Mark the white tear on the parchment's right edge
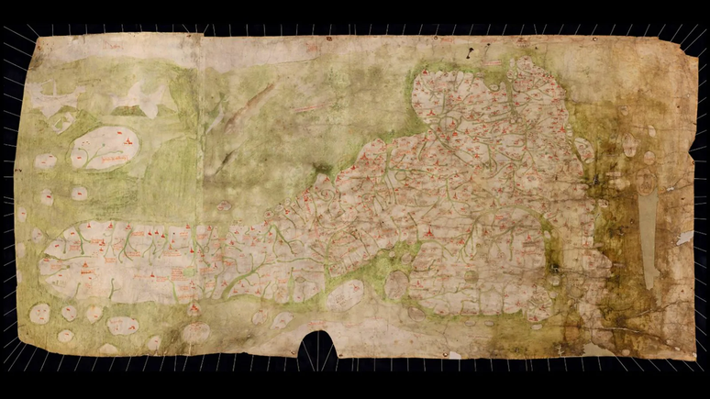(x=684, y=238)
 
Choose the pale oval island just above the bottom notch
(x=345, y=295)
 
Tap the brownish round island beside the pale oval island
(x=396, y=285)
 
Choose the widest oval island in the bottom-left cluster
(x=122, y=325)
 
